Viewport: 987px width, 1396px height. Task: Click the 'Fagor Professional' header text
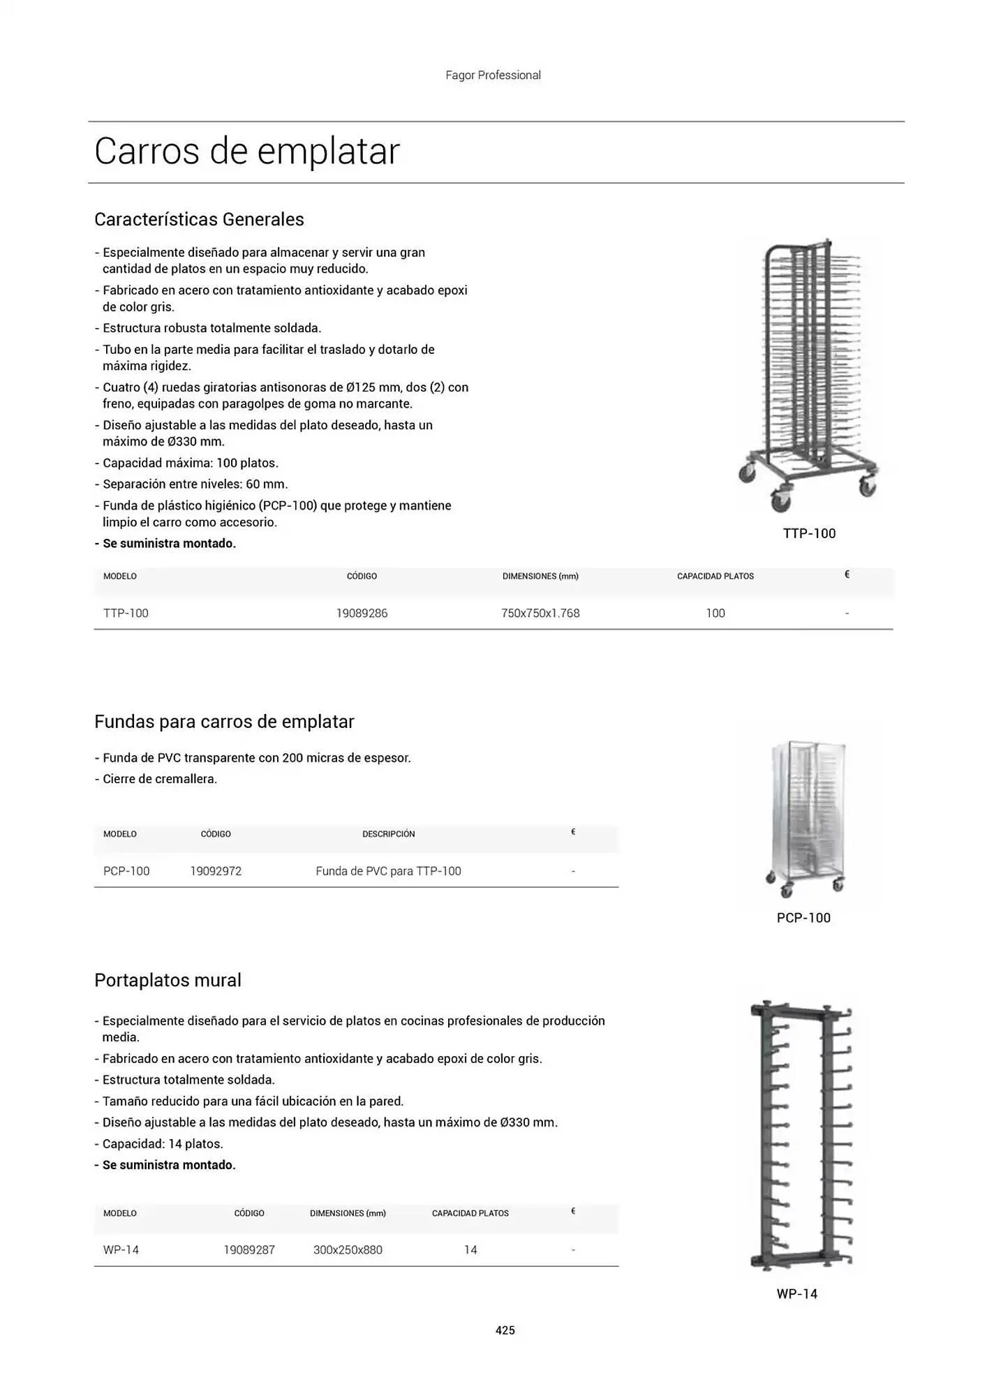[493, 75]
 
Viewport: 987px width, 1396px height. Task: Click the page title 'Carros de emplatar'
[247, 151]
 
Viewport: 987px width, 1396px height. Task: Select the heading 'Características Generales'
[199, 219]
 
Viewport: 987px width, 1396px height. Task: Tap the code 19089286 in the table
[362, 614]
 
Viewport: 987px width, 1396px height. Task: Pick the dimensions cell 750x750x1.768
[540, 614]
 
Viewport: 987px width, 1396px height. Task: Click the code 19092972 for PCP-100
[216, 871]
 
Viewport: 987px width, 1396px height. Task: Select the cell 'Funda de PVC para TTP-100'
[388, 871]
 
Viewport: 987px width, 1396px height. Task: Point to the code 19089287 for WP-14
[249, 1250]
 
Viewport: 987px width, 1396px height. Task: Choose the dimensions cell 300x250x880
[348, 1250]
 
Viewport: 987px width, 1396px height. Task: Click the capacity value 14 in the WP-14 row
[470, 1250]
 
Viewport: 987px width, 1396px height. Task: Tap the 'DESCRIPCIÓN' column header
[388, 834]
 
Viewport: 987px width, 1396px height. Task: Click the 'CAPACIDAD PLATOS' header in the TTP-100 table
[715, 577]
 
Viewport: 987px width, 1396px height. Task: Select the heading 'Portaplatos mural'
[168, 981]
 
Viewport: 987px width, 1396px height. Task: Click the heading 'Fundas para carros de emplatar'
[224, 722]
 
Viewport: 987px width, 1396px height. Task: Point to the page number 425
[505, 1330]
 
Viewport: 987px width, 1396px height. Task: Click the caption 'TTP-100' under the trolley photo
[809, 534]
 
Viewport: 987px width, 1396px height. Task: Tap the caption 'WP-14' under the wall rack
[796, 1294]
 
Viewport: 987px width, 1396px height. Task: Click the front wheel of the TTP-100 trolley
[779, 500]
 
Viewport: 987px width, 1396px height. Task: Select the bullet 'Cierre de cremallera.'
[160, 779]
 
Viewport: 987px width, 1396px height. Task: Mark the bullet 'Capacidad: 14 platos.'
[163, 1144]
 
